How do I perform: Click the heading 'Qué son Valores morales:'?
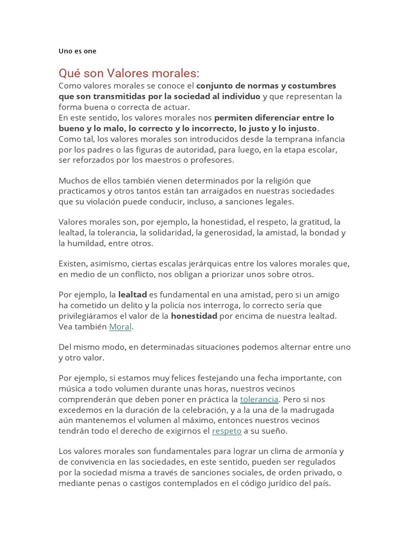129,73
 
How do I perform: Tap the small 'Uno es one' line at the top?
77,51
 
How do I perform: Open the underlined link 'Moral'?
120,326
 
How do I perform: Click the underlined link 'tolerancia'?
259,399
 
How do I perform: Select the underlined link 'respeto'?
227,431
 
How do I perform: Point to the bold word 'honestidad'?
194,316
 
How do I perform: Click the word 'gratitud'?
310,222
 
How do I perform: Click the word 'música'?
73,389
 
